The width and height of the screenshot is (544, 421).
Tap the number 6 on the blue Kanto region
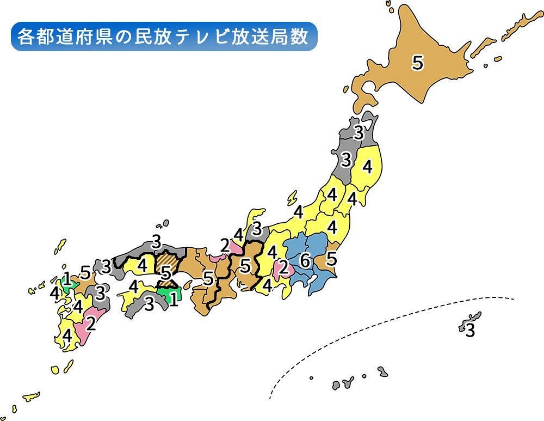pos(305,261)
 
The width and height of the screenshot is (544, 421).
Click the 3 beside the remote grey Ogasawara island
pos(470,330)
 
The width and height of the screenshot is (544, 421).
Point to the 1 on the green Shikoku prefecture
pos(173,299)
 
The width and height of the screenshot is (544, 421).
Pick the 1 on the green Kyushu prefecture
pos(66,279)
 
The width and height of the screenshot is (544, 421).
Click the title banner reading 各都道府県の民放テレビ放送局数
pos(163,37)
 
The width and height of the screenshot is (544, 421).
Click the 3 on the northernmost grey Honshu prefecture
pos(358,132)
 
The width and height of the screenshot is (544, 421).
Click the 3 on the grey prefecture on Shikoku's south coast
pos(148,305)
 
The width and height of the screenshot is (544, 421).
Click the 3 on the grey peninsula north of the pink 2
pos(257,228)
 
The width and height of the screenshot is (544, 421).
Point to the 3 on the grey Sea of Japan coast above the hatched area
pos(156,240)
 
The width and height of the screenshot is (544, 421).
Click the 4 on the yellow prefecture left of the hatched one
pos(143,266)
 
